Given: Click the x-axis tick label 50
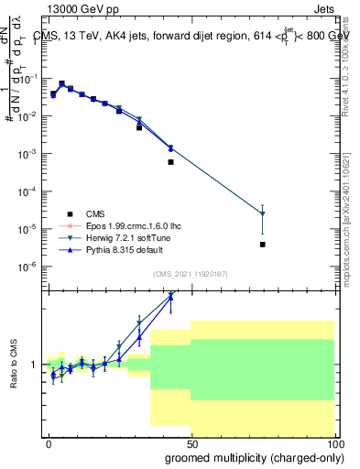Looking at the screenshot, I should click(x=191, y=442).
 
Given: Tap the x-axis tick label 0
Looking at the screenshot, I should click(x=49, y=442).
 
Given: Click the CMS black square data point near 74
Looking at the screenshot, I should click(x=263, y=245).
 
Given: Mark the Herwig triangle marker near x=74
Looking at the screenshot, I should click(x=263, y=214).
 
